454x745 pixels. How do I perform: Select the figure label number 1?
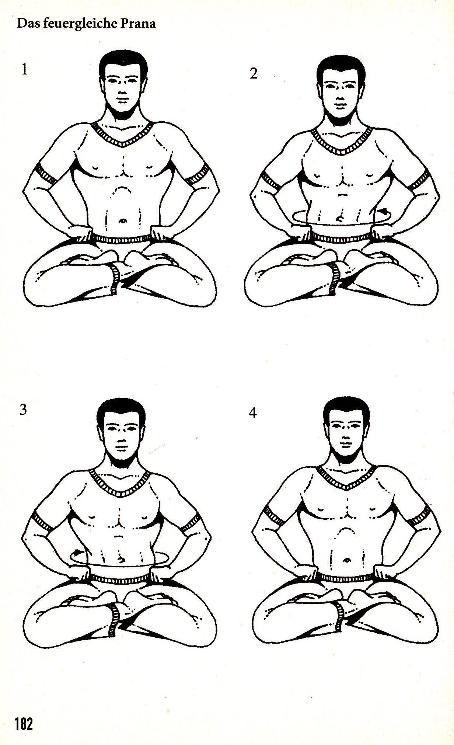(x=24, y=69)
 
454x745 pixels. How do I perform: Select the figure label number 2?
(x=254, y=74)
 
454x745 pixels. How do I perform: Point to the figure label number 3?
(x=23, y=410)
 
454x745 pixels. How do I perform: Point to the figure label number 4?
(x=253, y=413)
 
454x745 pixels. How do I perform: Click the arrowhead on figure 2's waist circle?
(x=385, y=212)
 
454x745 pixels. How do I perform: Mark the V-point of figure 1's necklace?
(x=123, y=145)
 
